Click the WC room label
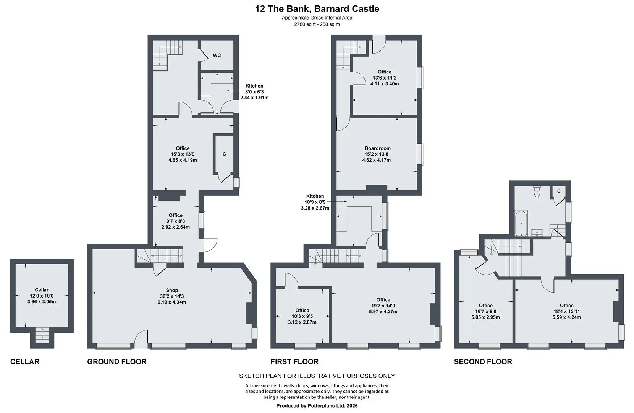point(217,55)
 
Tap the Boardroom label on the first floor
point(377,148)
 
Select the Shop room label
point(172,290)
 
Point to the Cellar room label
point(42,290)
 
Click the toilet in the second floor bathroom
point(537,192)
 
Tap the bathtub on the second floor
point(521,223)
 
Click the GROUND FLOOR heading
point(117,362)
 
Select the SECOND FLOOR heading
point(483,362)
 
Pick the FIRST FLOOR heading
point(294,362)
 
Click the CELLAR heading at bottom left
point(25,362)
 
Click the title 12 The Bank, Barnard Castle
point(317,9)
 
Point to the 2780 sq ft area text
point(317,24)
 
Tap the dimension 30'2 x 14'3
point(172,296)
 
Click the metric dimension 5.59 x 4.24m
point(567,317)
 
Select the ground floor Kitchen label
point(254,86)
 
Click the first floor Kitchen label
point(315,196)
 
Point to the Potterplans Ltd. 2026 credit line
point(317,406)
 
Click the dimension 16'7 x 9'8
point(486,311)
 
